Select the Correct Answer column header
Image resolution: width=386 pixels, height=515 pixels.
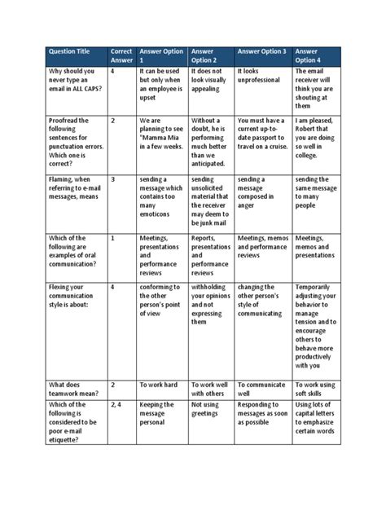click(121, 54)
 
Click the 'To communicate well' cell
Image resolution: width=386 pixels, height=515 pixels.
click(262, 388)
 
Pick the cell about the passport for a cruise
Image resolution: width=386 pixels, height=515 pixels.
click(262, 134)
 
